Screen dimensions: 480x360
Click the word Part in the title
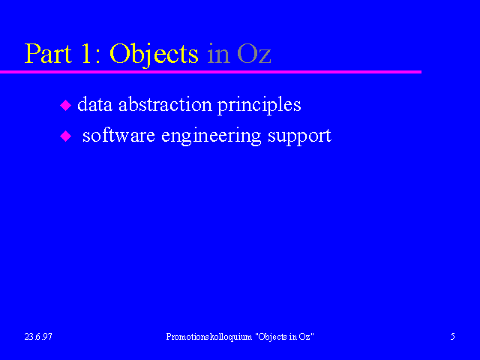click(48, 53)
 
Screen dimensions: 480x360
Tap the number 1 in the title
click(86, 53)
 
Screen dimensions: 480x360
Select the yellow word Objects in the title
click(154, 55)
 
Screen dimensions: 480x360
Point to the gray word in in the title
click(218, 54)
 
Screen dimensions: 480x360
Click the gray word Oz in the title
click(254, 54)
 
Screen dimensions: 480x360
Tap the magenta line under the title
click(211, 72)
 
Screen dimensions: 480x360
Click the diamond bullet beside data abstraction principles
click(65, 105)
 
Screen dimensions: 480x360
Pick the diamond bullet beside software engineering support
click(65, 136)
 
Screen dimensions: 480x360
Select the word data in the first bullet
click(95, 104)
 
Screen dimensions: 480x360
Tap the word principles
click(259, 106)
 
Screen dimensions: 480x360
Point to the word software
click(118, 135)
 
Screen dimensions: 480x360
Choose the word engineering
click(211, 136)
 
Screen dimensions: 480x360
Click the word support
click(299, 137)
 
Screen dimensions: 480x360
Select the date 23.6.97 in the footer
click(38, 337)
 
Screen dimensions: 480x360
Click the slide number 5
click(452, 337)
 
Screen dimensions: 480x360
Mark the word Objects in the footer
click(272, 337)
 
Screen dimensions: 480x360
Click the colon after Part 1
click(98, 56)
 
